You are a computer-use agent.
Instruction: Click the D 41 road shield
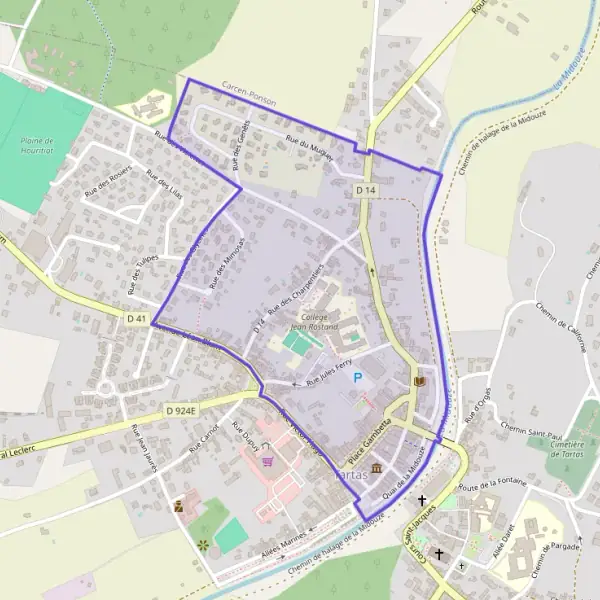tap(137, 319)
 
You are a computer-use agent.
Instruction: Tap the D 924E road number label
tap(182, 410)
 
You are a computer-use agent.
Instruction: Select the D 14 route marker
tap(365, 189)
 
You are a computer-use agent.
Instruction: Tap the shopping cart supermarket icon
tap(267, 461)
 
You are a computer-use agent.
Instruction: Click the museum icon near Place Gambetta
tap(375, 468)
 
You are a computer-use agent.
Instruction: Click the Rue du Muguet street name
tap(309, 143)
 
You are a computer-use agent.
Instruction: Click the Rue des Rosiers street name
tap(107, 179)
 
